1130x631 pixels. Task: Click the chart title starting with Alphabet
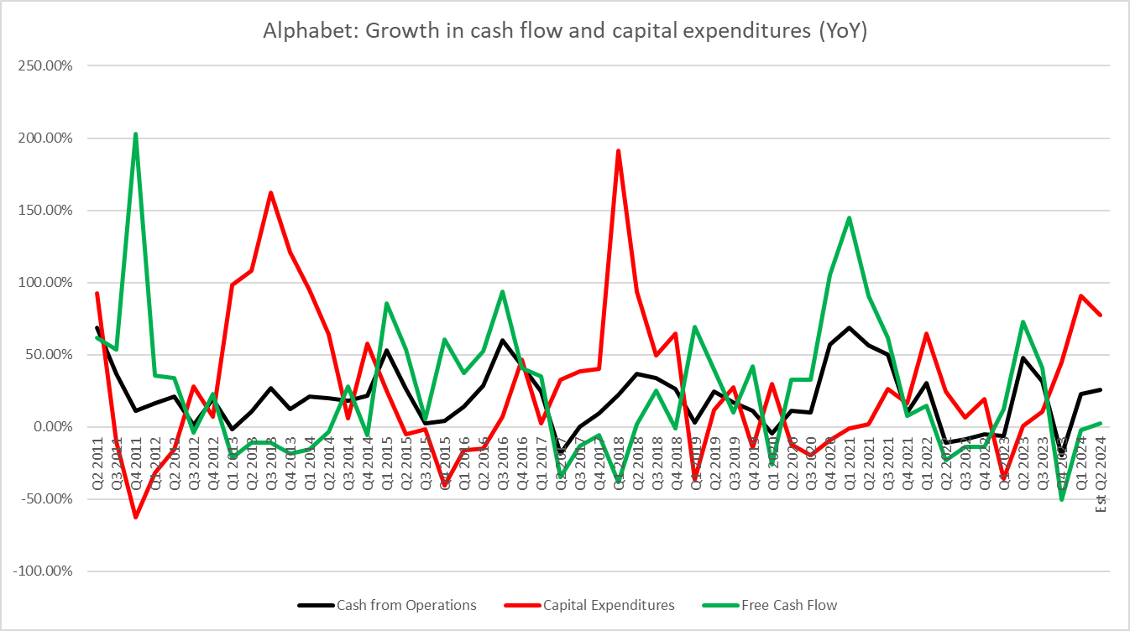(564, 31)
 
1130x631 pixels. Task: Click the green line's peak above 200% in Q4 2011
(135, 133)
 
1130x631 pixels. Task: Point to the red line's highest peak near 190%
(619, 151)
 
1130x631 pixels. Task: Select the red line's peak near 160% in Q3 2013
(270, 193)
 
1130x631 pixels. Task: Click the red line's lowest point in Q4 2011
(135, 517)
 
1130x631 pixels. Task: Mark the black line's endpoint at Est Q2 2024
(1101, 389)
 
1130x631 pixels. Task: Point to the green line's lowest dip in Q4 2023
(1062, 499)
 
